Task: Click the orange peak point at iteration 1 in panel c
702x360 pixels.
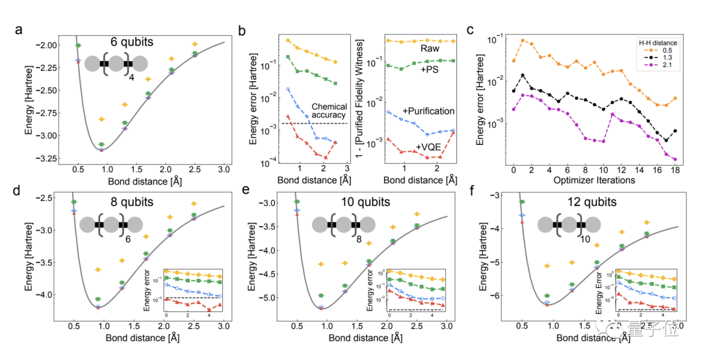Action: click(x=523, y=40)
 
